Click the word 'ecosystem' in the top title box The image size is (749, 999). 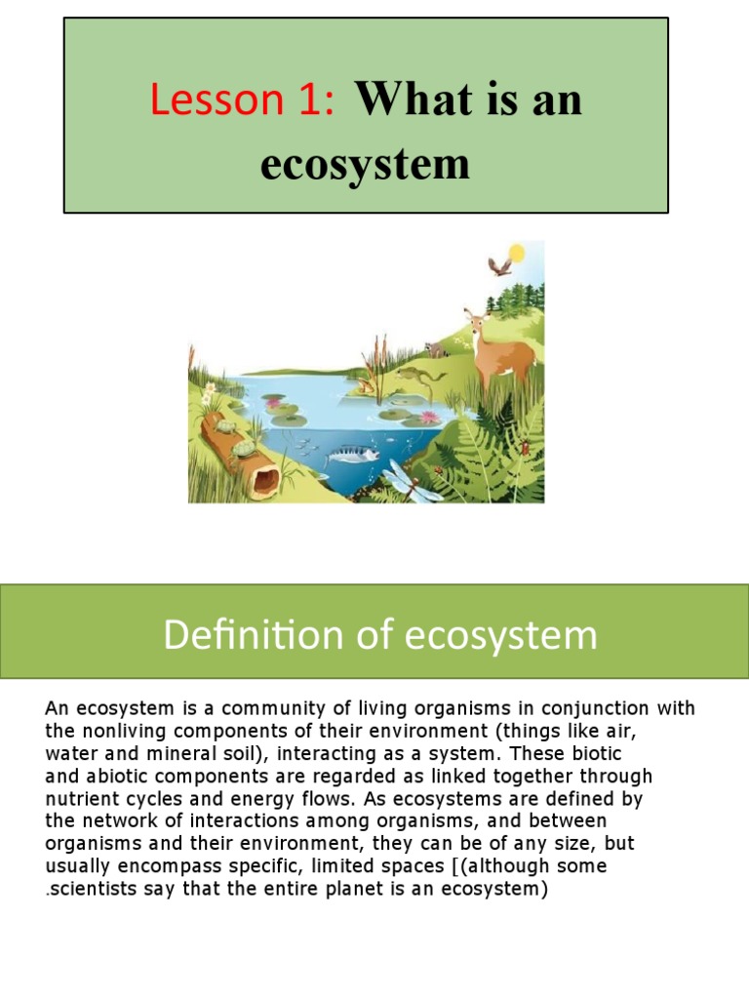(365, 163)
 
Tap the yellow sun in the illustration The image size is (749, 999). (516, 254)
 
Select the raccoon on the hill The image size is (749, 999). (435, 347)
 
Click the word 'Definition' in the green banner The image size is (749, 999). (225, 635)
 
